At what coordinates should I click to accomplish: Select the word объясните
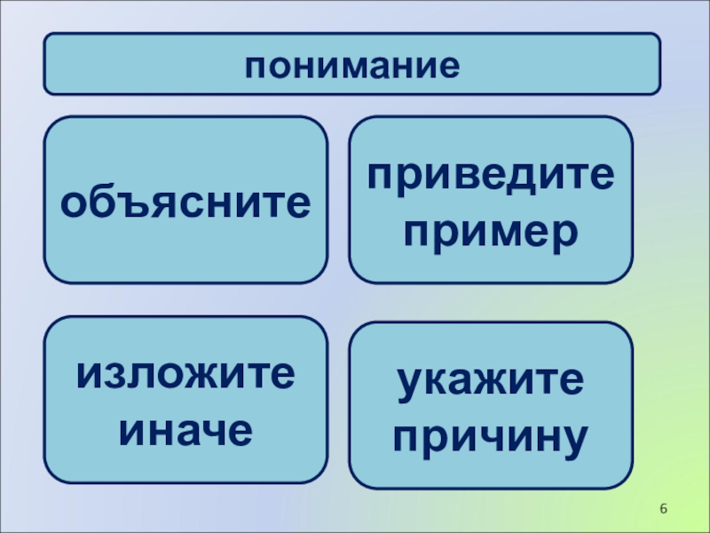pyautogui.click(x=185, y=202)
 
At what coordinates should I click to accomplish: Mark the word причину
pyautogui.click(x=491, y=436)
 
